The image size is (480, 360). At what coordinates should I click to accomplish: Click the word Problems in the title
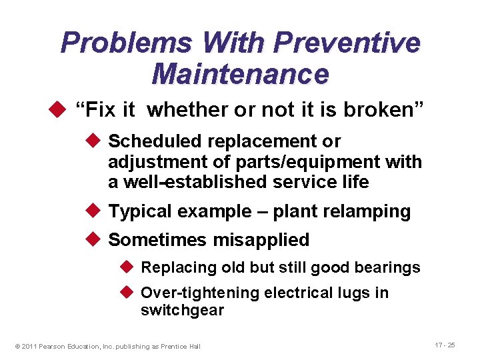pyautogui.click(x=127, y=43)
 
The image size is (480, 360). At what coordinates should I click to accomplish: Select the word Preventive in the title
pyautogui.click(x=347, y=43)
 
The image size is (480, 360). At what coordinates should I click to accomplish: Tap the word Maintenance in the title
pyautogui.click(x=240, y=73)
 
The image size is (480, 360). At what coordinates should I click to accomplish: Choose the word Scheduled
pyautogui.click(x=155, y=141)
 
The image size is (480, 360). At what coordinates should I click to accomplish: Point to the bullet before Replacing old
pyautogui.click(x=129, y=267)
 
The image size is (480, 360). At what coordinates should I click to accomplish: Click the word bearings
pyautogui.click(x=391, y=267)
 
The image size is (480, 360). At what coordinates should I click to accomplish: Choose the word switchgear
pyautogui.click(x=182, y=310)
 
